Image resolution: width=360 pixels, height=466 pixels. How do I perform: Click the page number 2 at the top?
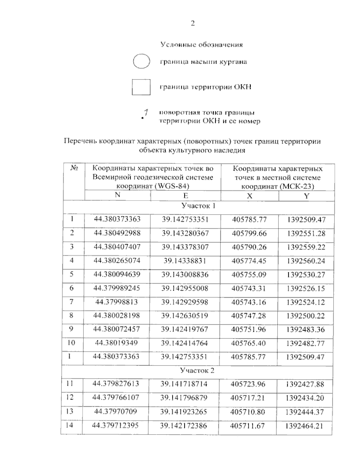[193, 23]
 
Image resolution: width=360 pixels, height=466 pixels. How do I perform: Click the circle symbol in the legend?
[141, 62]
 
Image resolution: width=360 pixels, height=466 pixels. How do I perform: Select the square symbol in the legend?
[141, 87]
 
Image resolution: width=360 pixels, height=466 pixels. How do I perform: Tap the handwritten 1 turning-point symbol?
[144, 115]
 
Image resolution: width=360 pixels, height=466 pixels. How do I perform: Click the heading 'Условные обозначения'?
[202, 45]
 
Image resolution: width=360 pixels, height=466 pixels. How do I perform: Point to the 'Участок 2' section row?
[197, 371]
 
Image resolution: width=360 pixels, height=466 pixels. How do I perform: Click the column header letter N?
[117, 195]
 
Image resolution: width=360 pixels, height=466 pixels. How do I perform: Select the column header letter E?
[186, 196]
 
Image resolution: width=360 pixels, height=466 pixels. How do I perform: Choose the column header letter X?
[250, 196]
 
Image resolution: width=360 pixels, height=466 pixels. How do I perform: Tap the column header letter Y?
[306, 196]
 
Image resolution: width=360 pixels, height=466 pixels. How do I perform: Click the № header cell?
[74, 168]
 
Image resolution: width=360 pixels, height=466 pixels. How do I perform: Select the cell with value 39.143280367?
[185, 233]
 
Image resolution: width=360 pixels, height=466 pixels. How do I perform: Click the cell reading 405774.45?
[249, 261]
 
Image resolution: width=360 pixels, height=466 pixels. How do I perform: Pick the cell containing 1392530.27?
[306, 275]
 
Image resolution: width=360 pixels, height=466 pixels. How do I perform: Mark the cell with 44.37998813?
[116, 302]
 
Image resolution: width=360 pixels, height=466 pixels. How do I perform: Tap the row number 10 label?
[71, 343]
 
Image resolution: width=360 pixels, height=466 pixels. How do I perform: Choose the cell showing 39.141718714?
[184, 384]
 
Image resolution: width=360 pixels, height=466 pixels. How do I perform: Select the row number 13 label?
[70, 411]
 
